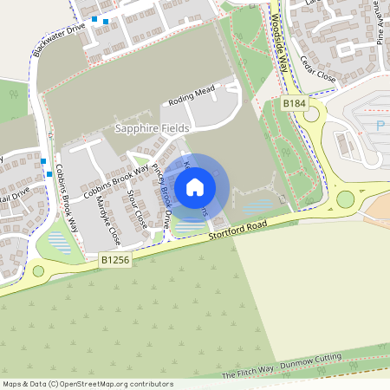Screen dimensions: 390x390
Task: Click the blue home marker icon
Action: pos(195,186)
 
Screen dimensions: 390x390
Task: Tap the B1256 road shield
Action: pos(115,259)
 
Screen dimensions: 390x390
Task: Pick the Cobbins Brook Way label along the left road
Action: pos(67,195)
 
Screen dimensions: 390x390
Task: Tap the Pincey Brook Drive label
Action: pos(161,195)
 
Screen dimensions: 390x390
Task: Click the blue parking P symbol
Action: pos(380,126)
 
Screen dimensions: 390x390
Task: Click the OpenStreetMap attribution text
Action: pos(87,384)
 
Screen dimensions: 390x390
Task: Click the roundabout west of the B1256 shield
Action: pos(38,271)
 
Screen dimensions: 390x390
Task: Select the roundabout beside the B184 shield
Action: pos(309,114)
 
